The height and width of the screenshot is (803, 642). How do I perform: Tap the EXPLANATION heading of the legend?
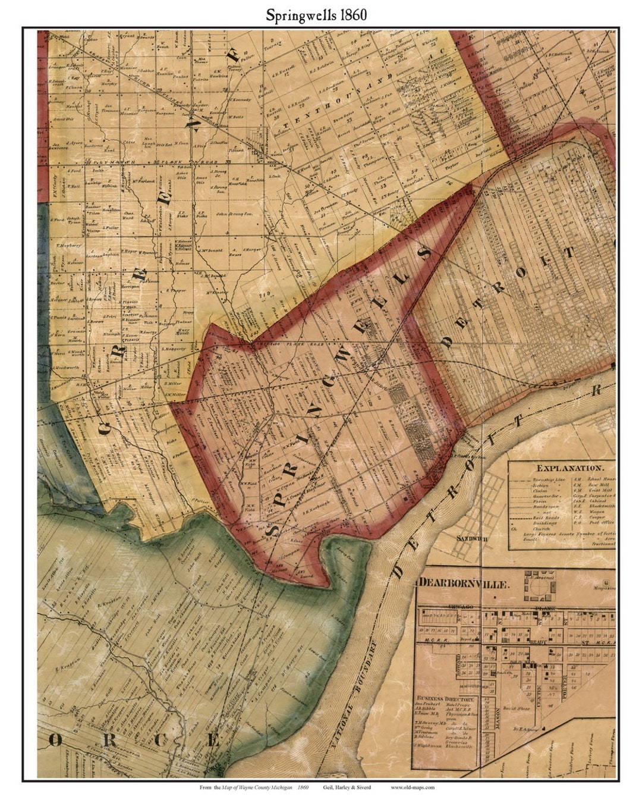[566, 468]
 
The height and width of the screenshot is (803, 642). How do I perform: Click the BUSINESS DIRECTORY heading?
[446, 700]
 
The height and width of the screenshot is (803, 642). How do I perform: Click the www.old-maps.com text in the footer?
[413, 787]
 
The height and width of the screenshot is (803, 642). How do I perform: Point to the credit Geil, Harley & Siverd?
[347, 787]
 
